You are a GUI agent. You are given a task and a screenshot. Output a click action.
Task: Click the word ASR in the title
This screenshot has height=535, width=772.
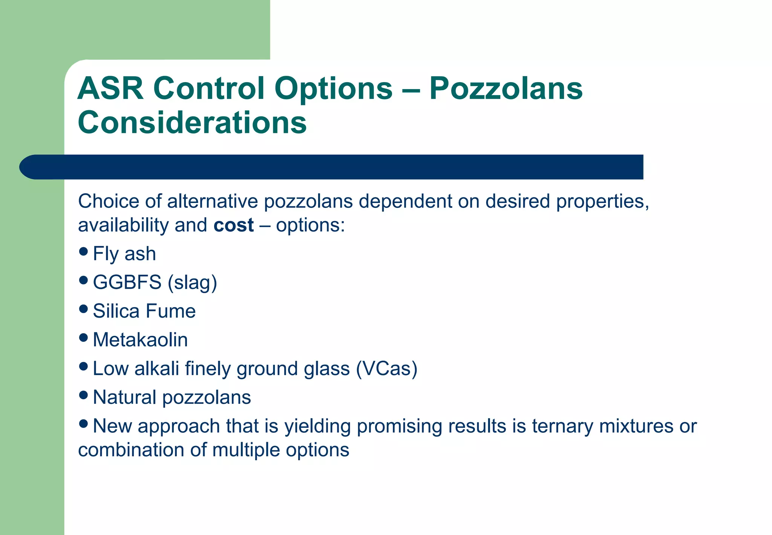point(110,88)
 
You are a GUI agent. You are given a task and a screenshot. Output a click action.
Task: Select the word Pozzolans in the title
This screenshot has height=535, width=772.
point(505,88)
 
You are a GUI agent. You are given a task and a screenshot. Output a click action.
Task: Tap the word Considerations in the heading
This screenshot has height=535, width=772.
point(192,123)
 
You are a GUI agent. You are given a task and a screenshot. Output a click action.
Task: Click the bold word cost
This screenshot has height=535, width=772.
point(233,225)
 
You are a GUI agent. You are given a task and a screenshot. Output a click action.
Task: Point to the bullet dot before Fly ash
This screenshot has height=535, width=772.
point(84,251)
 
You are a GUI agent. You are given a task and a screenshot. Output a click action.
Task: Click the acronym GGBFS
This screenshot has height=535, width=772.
point(127,282)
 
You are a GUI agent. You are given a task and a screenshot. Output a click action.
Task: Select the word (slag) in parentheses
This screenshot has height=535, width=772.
point(192,282)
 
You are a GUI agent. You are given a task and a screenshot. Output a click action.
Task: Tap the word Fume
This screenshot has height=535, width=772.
point(170,311)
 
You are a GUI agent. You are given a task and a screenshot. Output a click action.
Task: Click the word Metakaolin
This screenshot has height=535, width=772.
point(140,340)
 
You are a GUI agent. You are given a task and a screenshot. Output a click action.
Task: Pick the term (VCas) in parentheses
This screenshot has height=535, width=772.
point(387,369)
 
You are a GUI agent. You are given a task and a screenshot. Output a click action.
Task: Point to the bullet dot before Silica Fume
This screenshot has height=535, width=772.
point(84,309)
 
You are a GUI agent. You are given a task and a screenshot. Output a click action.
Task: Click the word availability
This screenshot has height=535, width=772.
point(123,225)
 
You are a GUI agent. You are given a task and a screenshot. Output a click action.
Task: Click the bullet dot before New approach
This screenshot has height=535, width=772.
point(84,424)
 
